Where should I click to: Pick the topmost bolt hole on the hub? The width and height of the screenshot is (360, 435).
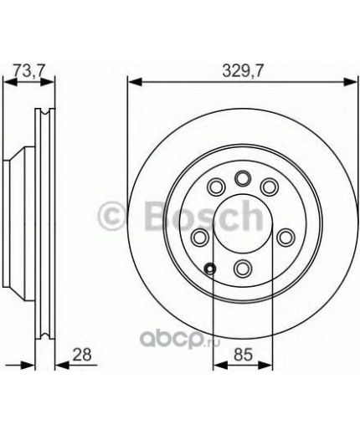coord(243,177)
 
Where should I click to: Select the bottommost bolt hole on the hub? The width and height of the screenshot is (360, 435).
coord(243,268)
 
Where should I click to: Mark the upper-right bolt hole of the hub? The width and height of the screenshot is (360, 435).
coord(270,187)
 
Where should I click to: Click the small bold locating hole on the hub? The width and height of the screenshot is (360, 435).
coord(209,269)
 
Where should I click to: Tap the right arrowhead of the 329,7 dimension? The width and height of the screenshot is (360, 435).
coord(352,82)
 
